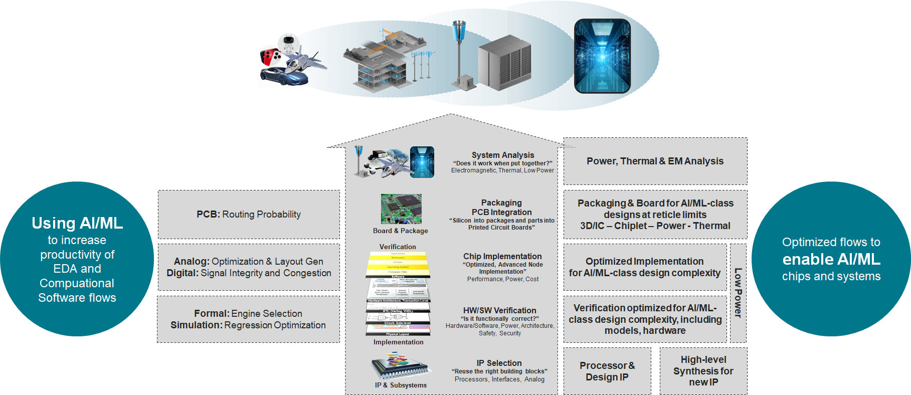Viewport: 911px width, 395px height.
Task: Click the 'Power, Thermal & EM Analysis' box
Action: coord(655,161)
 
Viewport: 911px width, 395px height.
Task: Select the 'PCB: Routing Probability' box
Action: coord(249,215)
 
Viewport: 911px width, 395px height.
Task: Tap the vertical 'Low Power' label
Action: coord(738,293)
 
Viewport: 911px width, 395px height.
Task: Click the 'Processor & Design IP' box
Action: coord(607,371)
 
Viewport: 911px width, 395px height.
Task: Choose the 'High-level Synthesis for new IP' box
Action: coord(703,371)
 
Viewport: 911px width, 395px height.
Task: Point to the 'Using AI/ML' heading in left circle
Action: coord(77,223)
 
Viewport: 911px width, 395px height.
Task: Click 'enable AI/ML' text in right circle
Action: coord(831,259)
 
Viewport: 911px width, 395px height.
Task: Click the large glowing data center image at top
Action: coord(602,56)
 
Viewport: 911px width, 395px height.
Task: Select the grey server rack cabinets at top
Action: coord(504,63)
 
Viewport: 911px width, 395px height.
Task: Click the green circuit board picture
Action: coord(401,209)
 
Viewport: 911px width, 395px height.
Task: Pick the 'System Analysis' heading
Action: coord(502,155)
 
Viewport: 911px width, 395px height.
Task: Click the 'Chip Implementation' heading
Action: coord(502,256)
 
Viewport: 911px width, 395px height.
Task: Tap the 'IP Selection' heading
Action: coord(499,363)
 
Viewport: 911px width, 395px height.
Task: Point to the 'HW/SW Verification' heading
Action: coord(499,310)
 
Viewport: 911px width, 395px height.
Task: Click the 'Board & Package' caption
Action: coord(400,231)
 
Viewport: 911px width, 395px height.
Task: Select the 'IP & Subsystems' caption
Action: coord(401,385)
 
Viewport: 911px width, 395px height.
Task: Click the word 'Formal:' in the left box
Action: coord(212,314)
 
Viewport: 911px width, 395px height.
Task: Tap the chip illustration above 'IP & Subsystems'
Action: coord(400,366)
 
